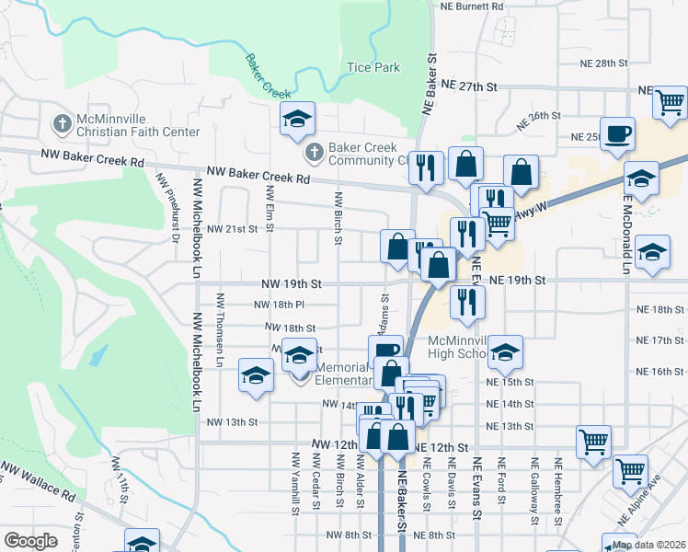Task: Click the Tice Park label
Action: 373,67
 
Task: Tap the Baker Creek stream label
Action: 267,75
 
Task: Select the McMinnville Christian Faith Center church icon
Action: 62,123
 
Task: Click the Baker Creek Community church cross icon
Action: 314,150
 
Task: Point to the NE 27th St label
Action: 469,86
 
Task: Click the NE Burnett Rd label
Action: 472,6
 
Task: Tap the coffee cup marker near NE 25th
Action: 618,133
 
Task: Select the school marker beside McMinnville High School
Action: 505,351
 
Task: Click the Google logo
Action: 30,541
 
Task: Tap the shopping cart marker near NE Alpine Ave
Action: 631,471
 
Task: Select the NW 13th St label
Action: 232,421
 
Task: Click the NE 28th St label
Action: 603,63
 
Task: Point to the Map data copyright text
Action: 649,545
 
